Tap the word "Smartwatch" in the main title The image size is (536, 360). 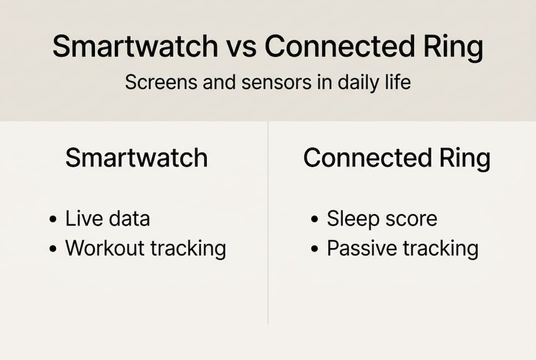click(x=135, y=47)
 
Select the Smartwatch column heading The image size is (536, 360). click(x=136, y=158)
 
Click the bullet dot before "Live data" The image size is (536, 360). click(x=53, y=219)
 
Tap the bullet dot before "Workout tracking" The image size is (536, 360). click(x=53, y=249)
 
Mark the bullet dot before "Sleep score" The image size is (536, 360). click(x=314, y=219)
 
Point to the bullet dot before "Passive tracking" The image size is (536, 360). click(x=314, y=249)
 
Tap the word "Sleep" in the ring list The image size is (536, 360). click(x=350, y=219)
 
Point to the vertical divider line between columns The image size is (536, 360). click(x=268, y=225)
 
